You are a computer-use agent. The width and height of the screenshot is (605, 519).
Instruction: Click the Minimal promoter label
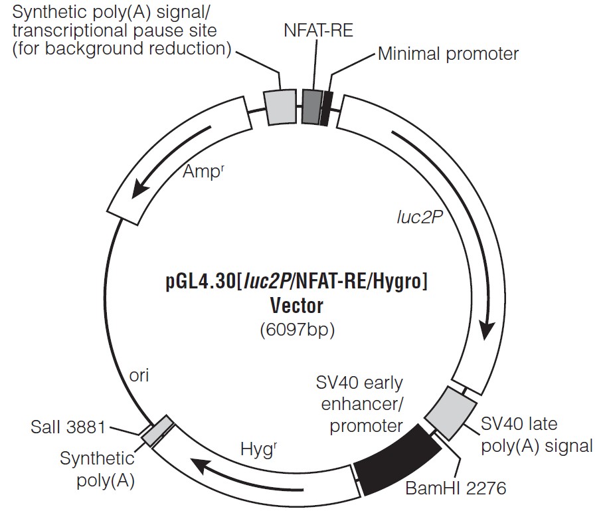coord(448,54)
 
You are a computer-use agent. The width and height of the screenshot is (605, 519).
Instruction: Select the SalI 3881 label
coord(68,427)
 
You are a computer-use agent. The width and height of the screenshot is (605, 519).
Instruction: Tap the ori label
coord(140,375)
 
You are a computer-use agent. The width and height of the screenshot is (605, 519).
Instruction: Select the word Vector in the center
coord(296,306)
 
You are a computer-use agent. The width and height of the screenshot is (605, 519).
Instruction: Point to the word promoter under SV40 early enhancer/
coord(367,425)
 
